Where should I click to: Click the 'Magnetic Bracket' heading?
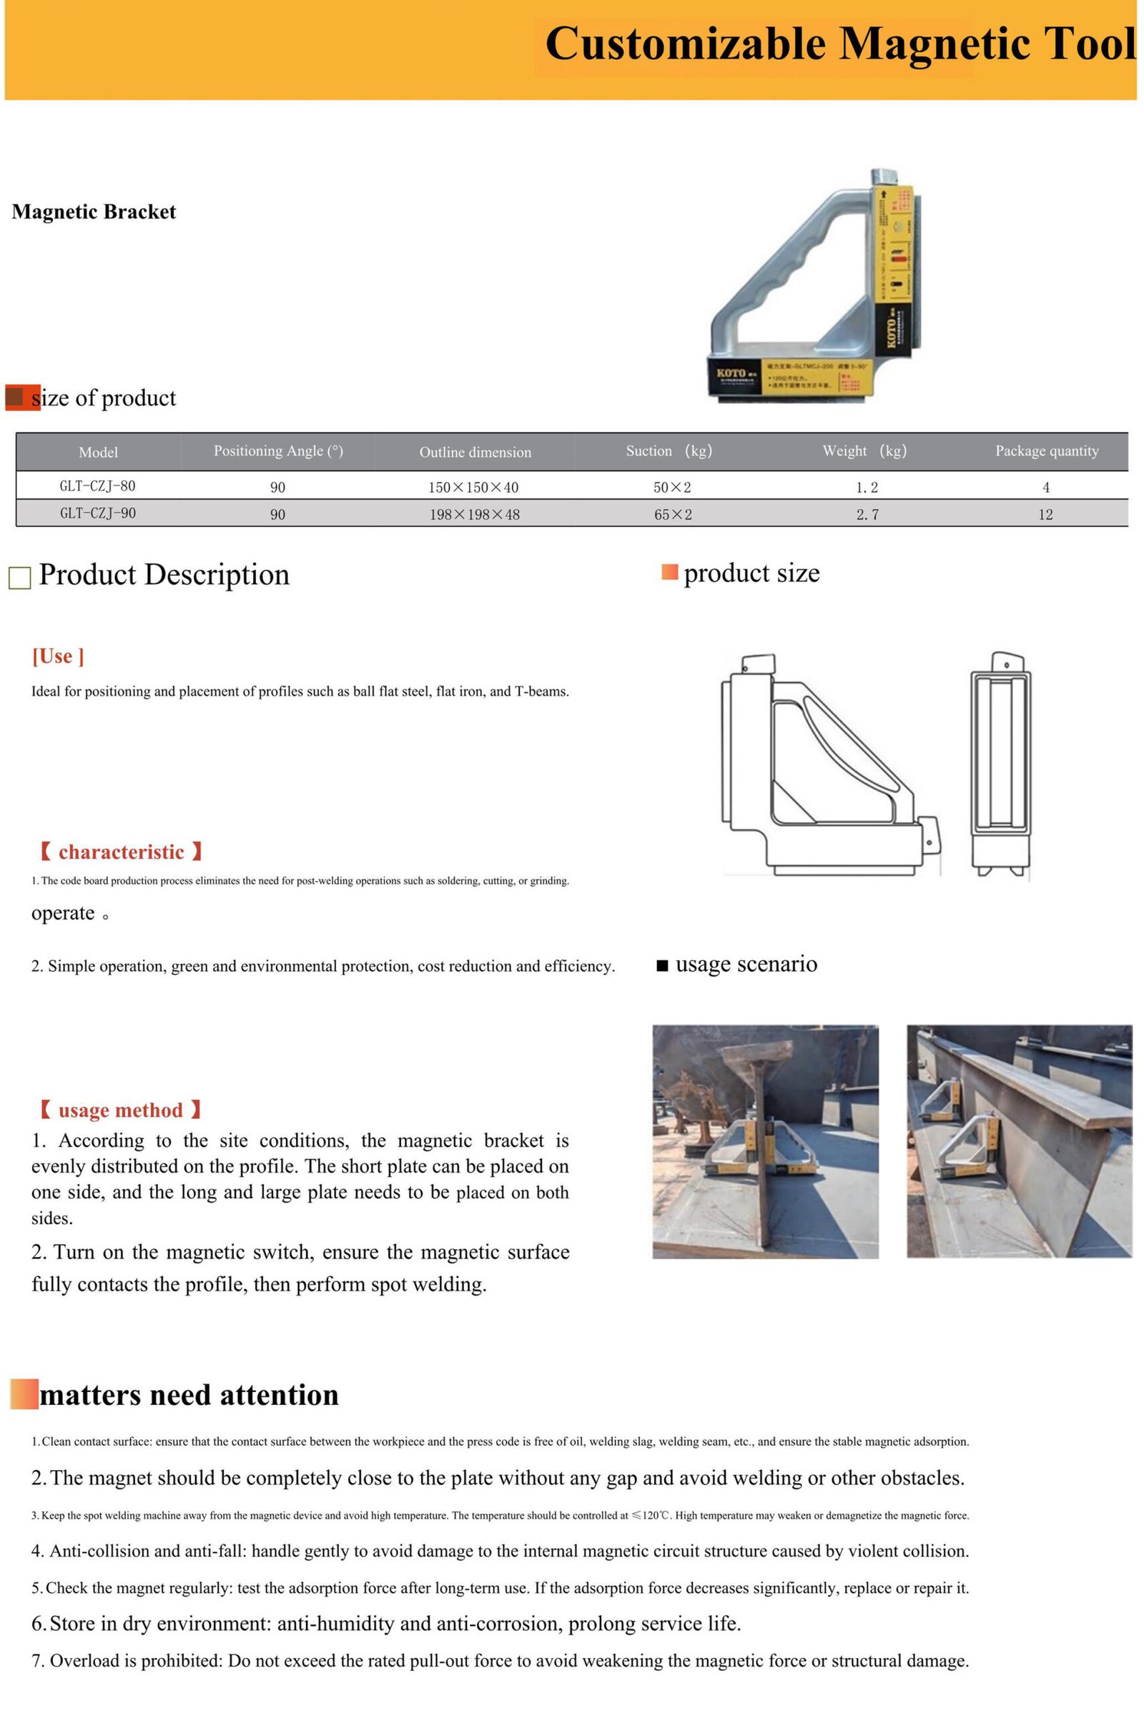click(94, 212)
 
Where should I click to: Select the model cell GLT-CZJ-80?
click(97, 486)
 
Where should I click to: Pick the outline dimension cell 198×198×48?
click(474, 514)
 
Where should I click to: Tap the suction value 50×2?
click(672, 487)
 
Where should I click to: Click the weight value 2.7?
click(867, 514)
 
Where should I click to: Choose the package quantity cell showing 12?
click(1045, 514)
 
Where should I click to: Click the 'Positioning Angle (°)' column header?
click(278, 451)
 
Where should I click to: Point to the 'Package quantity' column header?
click(1046, 451)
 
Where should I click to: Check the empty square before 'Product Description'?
click(20, 578)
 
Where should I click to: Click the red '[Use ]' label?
click(58, 656)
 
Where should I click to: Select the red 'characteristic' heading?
click(120, 852)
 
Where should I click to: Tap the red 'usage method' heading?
click(120, 1110)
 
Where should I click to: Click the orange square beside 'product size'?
click(669, 572)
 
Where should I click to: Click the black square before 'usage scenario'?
click(663, 966)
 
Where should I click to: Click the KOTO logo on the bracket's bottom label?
click(731, 373)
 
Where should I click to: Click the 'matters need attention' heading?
click(189, 1394)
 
